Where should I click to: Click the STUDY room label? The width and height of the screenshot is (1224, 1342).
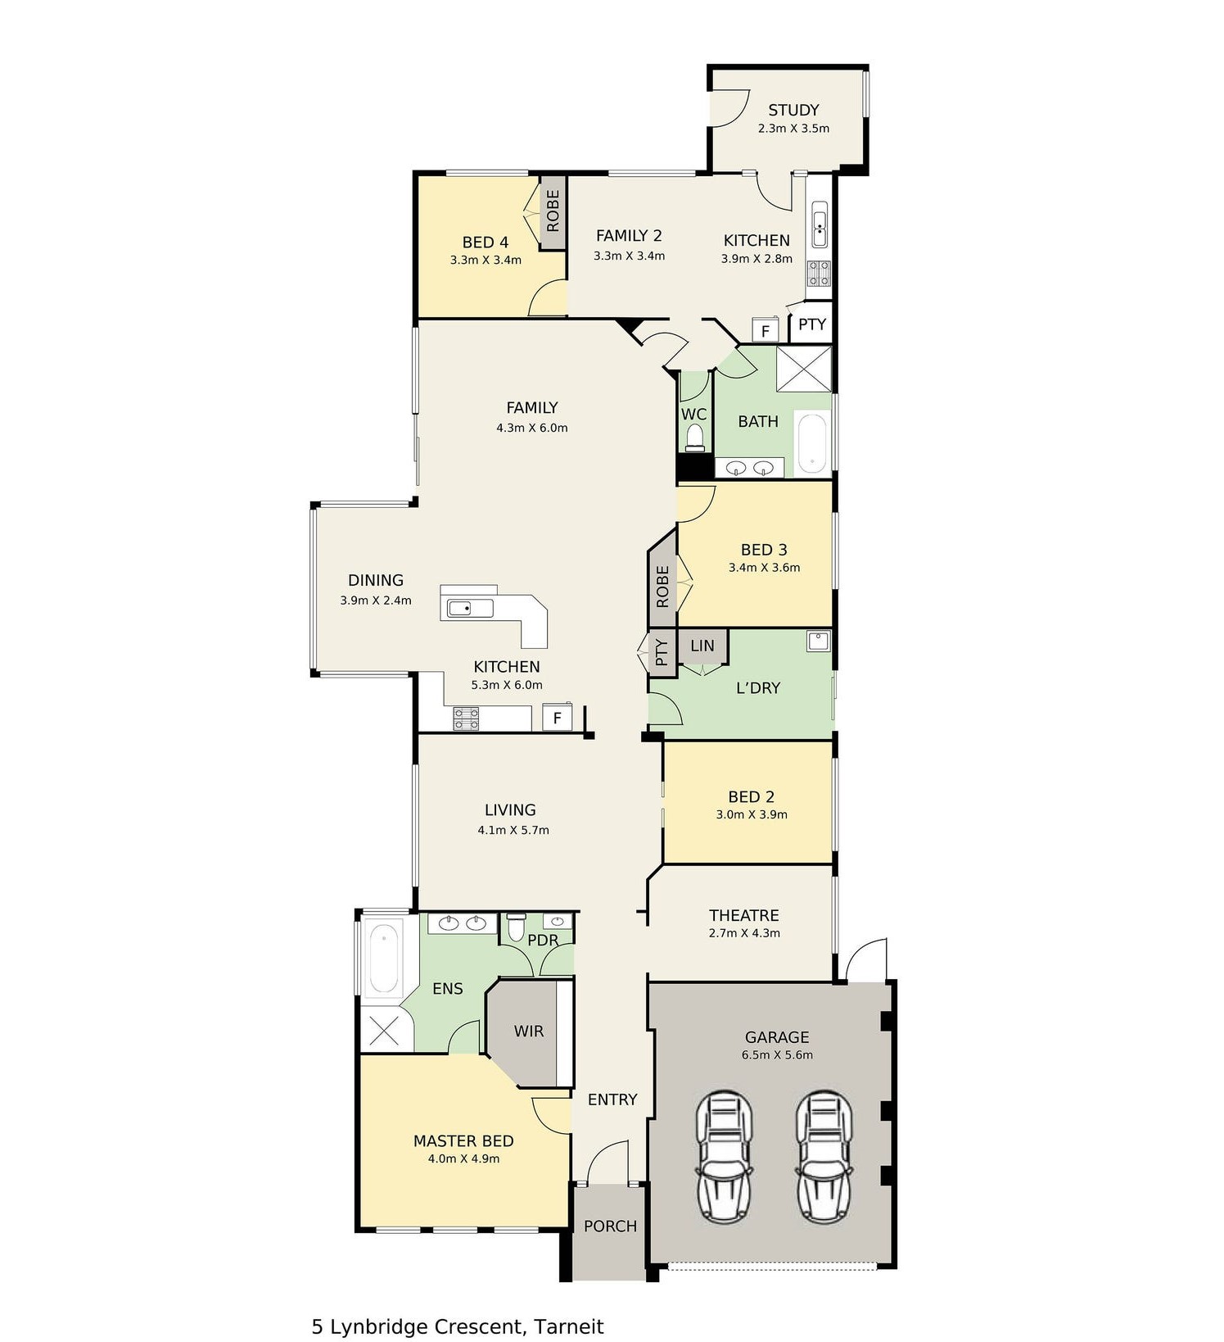pyautogui.click(x=793, y=110)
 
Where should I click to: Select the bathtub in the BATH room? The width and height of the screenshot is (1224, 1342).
pyautogui.click(x=811, y=443)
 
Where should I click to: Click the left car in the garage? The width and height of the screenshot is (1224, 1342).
pyautogui.click(x=725, y=1156)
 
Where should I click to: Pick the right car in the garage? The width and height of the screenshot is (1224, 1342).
pyautogui.click(x=824, y=1156)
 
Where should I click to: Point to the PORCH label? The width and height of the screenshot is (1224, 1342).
pyautogui.click(x=610, y=1226)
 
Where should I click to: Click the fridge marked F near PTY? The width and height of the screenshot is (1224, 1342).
pyautogui.click(x=766, y=331)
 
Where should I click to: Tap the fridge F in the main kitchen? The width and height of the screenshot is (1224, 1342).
pyautogui.click(x=558, y=718)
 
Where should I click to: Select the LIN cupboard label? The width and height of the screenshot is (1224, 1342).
pyautogui.click(x=702, y=646)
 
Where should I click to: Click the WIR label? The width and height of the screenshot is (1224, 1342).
pyautogui.click(x=529, y=1031)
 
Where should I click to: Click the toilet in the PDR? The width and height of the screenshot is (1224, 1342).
pyautogui.click(x=516, y=927)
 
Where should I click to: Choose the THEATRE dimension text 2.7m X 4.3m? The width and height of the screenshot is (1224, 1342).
pyautogui.click(x=744, y=933)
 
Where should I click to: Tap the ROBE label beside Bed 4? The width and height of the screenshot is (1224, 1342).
pyautogui.click(x=553, y=211)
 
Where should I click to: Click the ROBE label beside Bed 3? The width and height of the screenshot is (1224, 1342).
pyautogui.click(x=662, y=587)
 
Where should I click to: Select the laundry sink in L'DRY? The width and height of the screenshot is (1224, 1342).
pyautogui.click(x=819, y=641)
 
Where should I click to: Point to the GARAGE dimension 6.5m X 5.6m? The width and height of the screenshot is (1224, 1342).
pyautogui.click(x=777, y=1055)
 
